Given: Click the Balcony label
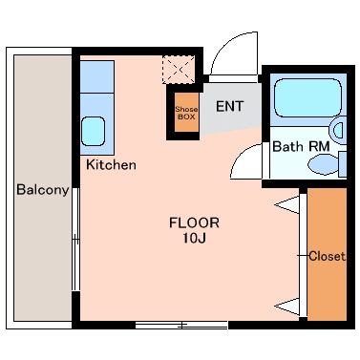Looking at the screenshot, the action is coord(43,190).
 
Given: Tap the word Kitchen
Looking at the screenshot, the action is coord(111,164).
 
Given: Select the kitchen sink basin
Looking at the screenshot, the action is coord(94,131).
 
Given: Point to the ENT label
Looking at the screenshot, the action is coord(230,106).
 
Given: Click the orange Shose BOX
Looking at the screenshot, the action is coord(186,112).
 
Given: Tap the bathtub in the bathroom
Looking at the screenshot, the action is coord(307,97).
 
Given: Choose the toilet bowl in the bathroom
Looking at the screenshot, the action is coord(323,164).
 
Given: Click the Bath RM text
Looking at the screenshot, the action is coord(301,146).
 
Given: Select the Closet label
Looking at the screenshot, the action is coord(328,256).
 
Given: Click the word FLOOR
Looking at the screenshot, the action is coord(194,222).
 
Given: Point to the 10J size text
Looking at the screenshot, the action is coord(194,238).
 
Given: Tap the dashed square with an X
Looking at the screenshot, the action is coord(179,70).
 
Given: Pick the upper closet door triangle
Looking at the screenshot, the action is coord(287,205).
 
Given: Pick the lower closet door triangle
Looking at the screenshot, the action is coord(287,307).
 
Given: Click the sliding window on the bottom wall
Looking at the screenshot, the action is coord(181,325).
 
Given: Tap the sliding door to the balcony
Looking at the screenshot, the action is coord(75,239).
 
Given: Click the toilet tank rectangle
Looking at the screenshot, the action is coord(343,164).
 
